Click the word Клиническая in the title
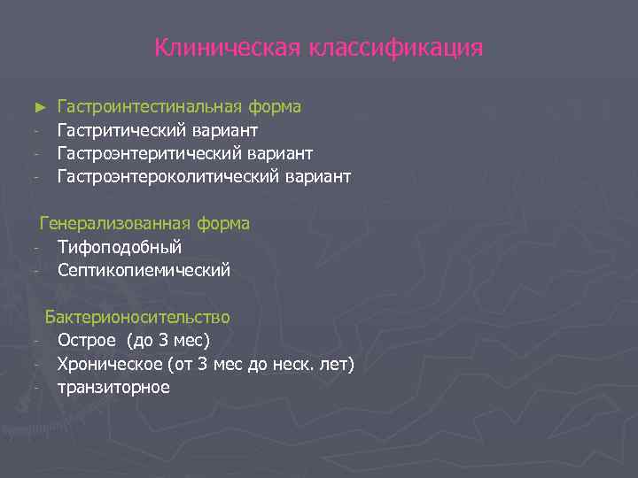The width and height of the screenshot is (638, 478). [x=227, y=47]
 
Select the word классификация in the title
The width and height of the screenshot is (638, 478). [x=395, y=47]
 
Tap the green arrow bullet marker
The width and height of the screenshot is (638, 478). [x=38, y=107]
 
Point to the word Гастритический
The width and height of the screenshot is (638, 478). [x=120, y=130]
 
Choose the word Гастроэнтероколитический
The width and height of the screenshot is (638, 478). [x=168, y=177]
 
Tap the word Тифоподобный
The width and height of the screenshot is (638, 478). [x=120, y=247]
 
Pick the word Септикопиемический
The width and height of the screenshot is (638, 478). [x=144, y=270]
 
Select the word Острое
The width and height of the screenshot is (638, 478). [x=87, y=340]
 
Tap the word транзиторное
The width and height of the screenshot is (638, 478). [x=113, y=387]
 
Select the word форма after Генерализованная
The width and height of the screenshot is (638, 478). [x=224, y=224]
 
